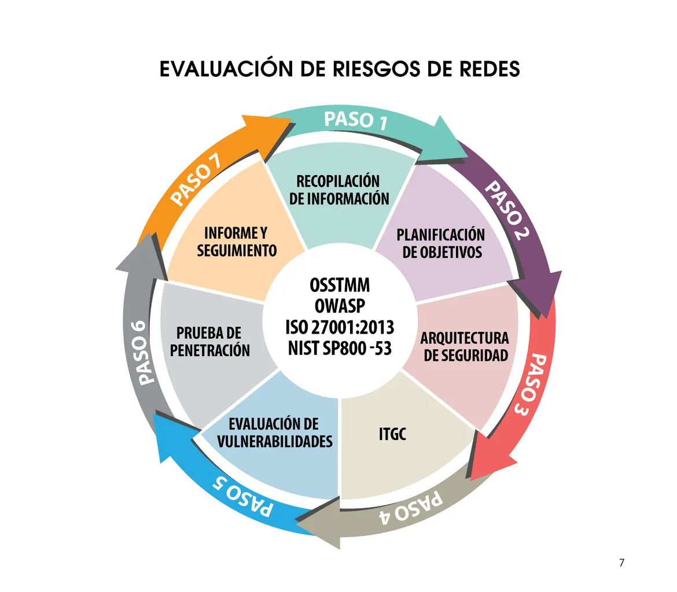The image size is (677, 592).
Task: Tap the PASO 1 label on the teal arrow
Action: coord(355,120)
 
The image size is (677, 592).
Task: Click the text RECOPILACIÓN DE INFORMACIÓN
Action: coord(339,190)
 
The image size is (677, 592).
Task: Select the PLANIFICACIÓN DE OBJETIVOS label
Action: coord(441,243)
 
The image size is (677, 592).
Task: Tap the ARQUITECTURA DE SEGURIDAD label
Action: coord(465,346)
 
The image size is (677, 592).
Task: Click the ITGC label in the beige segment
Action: coord(392,434)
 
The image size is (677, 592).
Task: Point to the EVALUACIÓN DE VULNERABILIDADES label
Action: coord(275,432)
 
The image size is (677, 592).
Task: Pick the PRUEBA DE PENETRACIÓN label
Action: coord(210,342)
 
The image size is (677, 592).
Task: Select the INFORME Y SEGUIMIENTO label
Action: coord(237,242)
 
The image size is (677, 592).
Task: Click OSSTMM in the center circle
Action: coord(340,286)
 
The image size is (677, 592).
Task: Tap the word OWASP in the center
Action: coord(340,306)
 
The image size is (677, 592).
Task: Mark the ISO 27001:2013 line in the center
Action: coord(340,327)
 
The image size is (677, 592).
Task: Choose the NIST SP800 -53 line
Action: coord(340,348)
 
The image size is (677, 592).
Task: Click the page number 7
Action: coord(621,563)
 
